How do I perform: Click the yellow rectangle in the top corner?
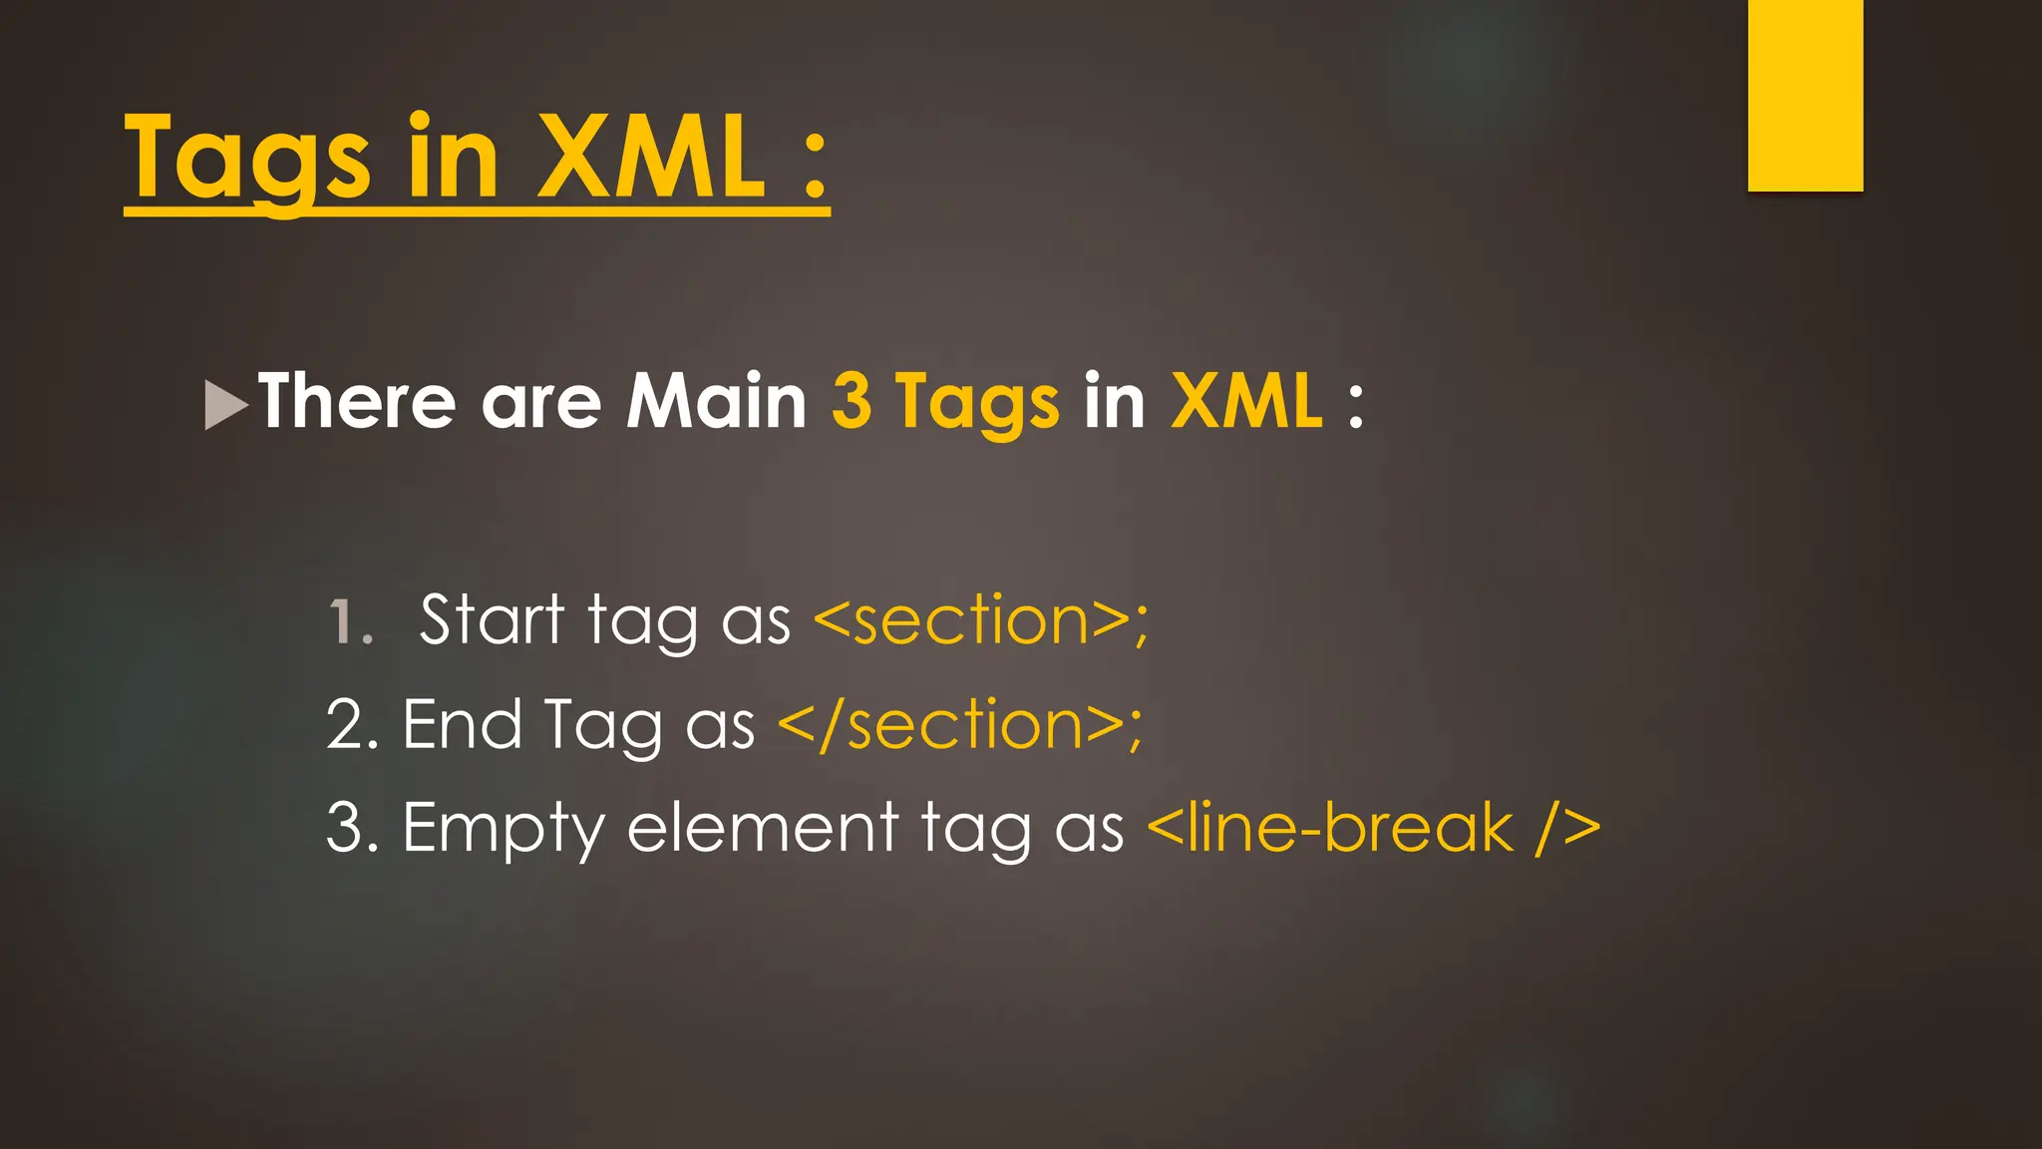click(x=1805, y=94)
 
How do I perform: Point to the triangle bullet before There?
click(x=224, y=405)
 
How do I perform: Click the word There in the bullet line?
click(x=356, y=401)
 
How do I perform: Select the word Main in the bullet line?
click(x=715, y=401)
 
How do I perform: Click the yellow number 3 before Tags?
click(x=851, y=401)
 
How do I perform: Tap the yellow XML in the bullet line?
click(x=1246, y=401)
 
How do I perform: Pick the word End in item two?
click(x=462, y=724)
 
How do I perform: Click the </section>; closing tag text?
click(x=959, y=725)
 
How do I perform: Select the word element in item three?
click(x=762, y=828)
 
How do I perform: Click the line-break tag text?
click(x=1330, y=828)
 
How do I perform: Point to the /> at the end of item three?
click(x=1567, y=828)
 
